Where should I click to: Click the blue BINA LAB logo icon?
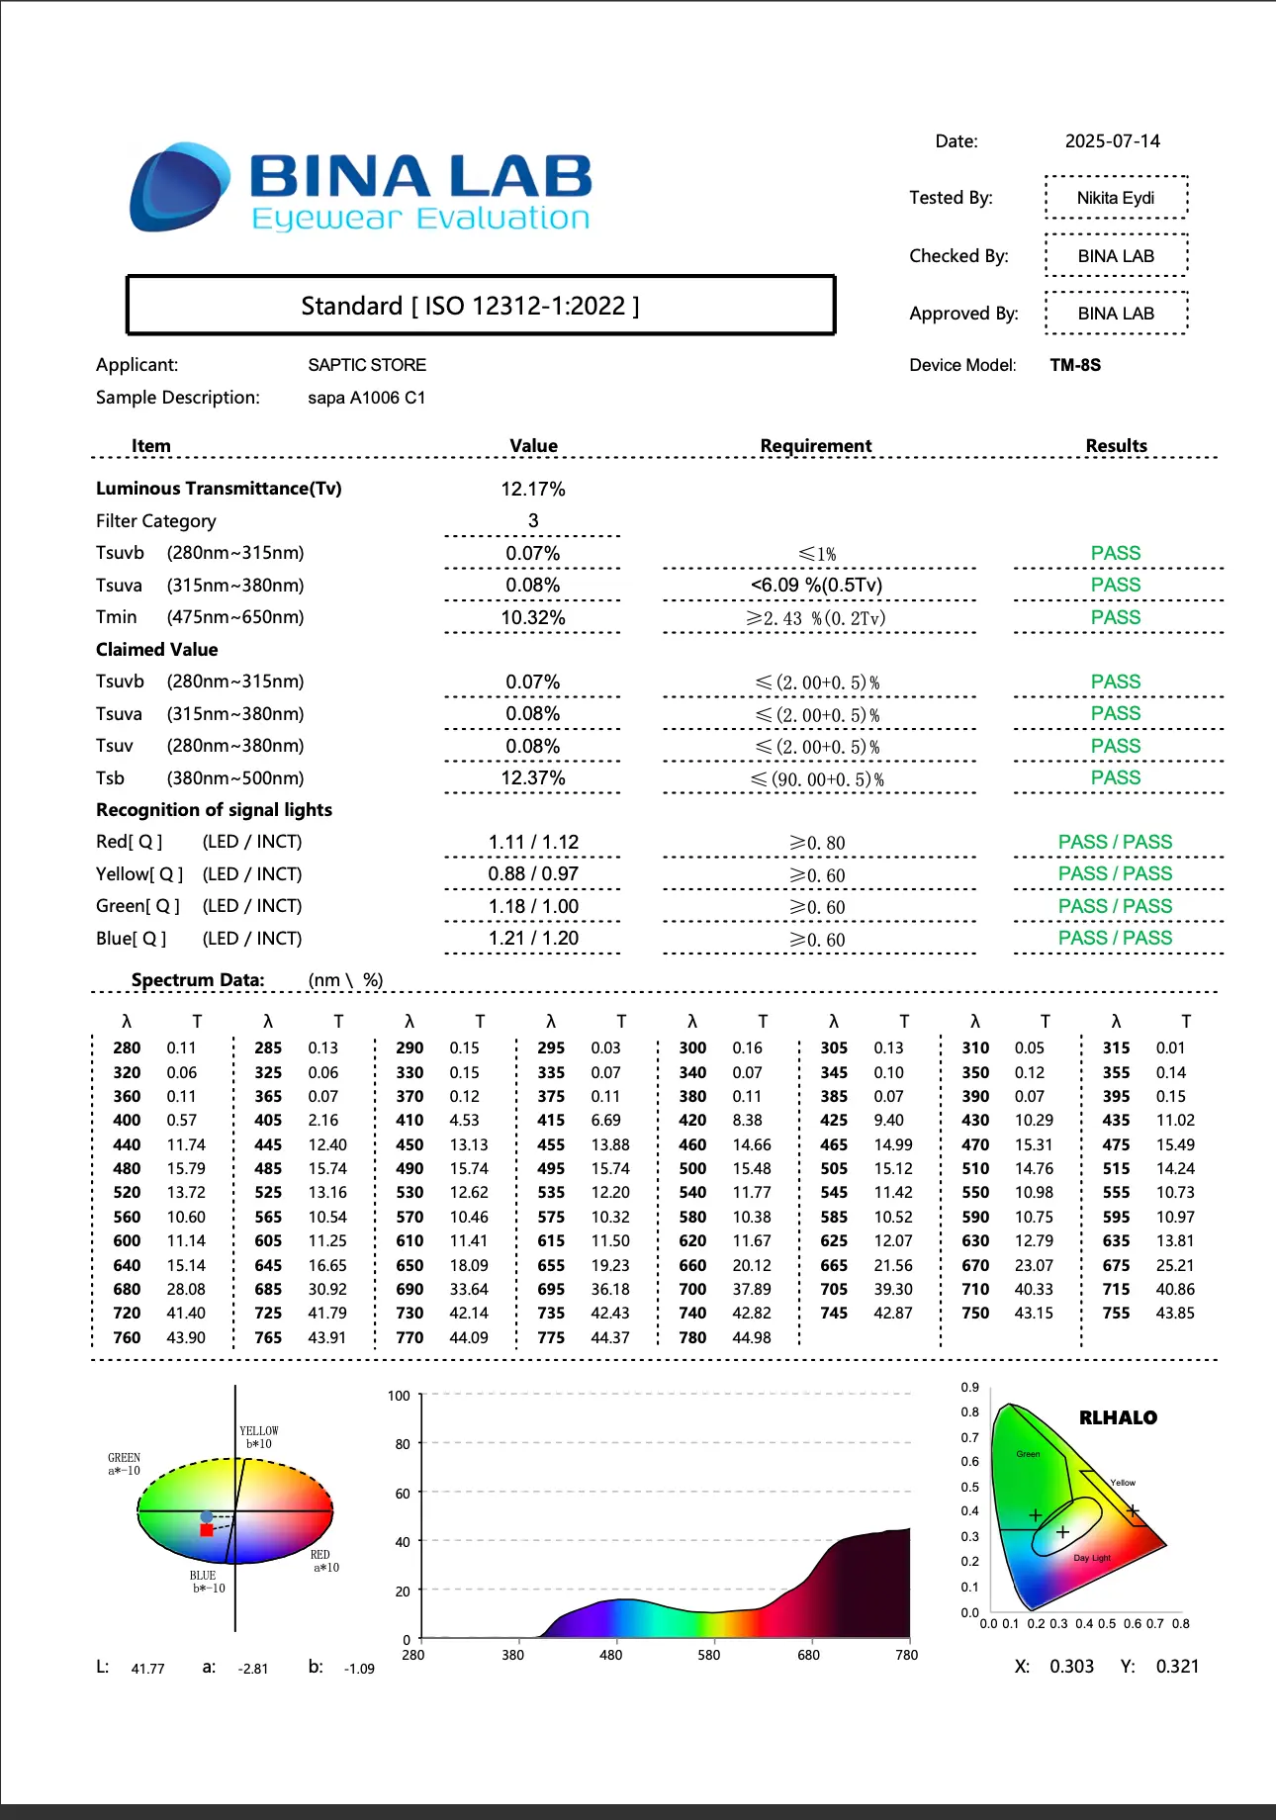(178, 187)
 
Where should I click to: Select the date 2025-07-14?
(1112, 141)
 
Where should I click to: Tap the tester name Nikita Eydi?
(1115, 198)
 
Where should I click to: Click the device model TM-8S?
(1075, 365)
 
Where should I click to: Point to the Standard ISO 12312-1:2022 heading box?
(481, 306)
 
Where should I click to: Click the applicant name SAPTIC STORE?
(367, 365)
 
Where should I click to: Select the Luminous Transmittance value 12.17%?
(533, 489)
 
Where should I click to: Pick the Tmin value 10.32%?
(533, 617)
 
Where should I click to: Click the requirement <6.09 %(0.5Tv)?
(817, 585)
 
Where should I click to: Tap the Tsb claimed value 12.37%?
(533, 778)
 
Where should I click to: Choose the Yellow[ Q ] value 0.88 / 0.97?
(533, 874)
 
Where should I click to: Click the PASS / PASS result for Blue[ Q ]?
(1115, 938)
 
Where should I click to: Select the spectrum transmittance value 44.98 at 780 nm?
(752, 1337)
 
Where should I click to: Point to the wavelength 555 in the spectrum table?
(1116, 1193)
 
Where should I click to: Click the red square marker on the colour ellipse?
(206, 1530)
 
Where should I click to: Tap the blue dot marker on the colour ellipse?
(206, 1516)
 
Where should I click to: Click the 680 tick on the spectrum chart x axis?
(808, 1654)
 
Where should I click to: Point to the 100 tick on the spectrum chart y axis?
(399, 1396)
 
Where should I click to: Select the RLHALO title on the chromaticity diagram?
(1118, 1417)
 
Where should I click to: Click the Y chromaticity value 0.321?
(1177, 1667)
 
